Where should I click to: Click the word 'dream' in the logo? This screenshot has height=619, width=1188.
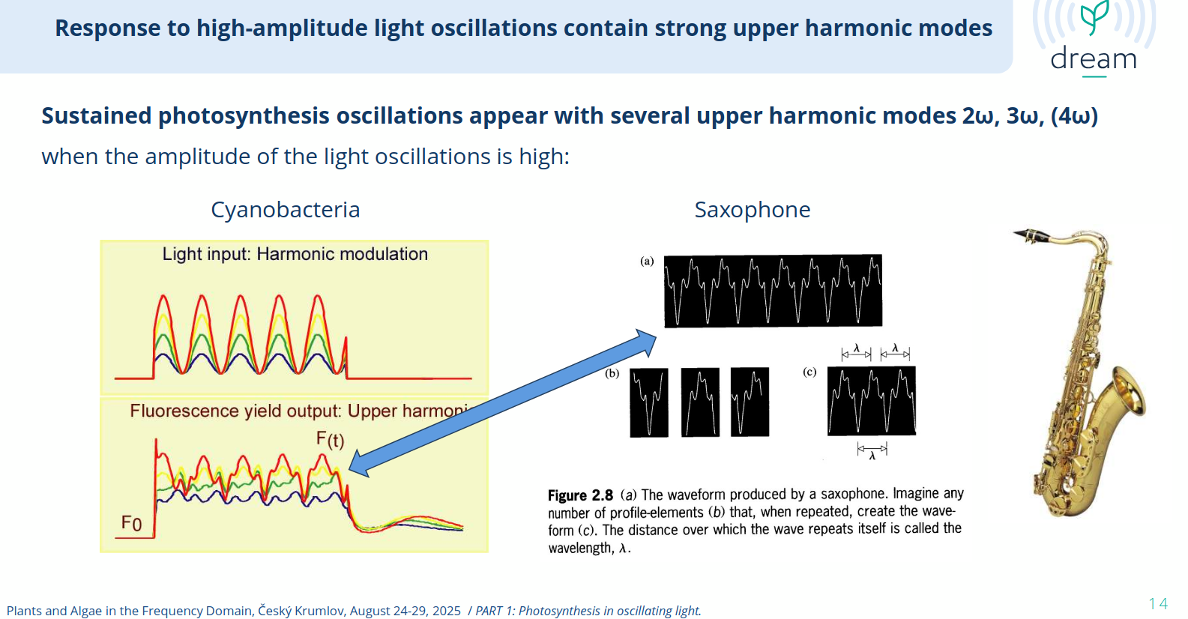click(x=1093, y=58)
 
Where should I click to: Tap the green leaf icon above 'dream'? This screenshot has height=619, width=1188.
click(x=1094, y=17)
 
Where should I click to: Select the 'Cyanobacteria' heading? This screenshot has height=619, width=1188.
click(x=286, y=210)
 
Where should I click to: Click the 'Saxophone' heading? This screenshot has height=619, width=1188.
click(x=752, y=210)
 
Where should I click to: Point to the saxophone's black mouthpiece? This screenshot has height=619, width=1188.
click(x=1031, y=235)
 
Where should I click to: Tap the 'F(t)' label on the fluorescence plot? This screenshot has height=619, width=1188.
click(x=330, y=439)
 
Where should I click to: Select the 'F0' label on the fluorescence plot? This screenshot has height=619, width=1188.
click(x=131, y=523)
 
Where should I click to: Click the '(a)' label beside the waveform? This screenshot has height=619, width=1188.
click(x=647, y=261)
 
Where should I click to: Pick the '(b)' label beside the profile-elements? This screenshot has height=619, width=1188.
click(x=612, y=373)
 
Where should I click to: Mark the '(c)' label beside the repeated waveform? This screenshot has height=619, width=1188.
click(x=809, y=372)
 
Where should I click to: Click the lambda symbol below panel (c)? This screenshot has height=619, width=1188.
click(x=872, y=456)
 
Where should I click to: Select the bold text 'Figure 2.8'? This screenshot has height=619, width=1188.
click(x=580, y=495)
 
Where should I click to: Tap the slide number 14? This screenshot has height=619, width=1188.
click(x=1158, y=603)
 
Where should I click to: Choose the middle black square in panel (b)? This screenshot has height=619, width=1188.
click(x=700, y=402)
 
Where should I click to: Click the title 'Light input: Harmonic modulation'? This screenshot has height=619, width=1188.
click(x=295, y=254)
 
